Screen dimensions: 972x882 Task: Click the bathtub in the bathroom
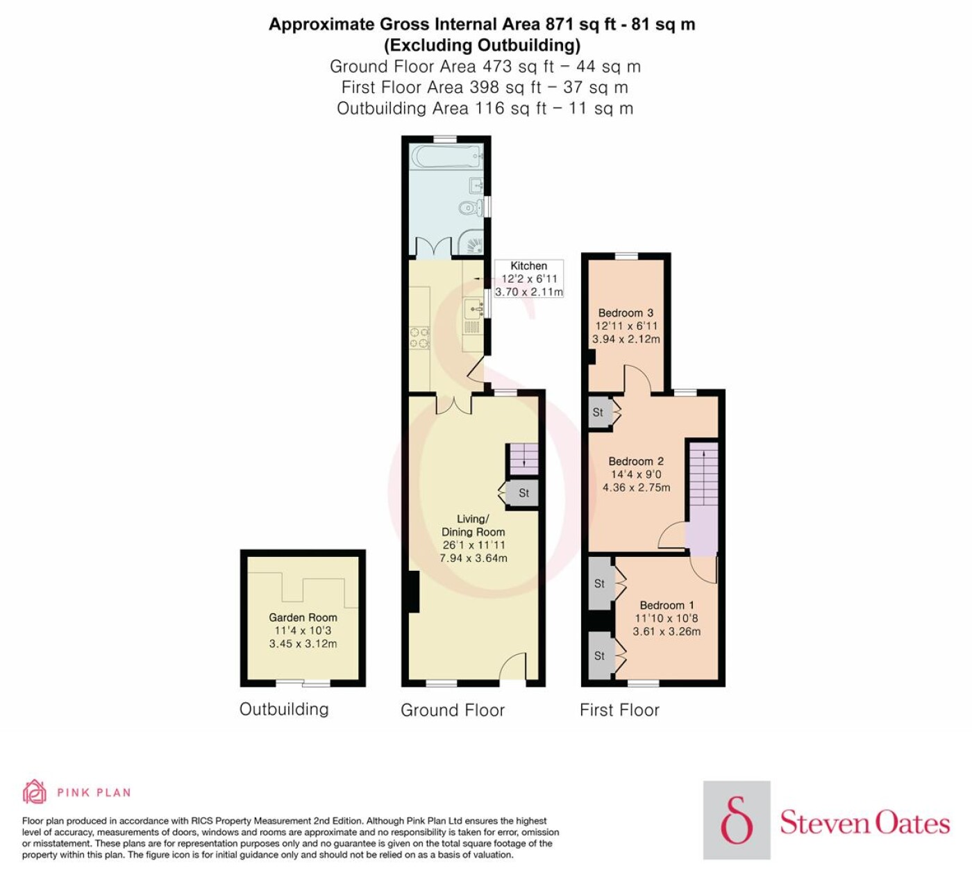coord(446,156)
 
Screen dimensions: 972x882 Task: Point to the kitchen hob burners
coord(419,338)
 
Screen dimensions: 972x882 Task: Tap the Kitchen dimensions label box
coord(528,278)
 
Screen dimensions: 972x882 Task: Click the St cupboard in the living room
coord(522,494)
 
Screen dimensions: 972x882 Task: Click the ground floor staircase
coord(522,459)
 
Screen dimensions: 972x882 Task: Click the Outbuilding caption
coord(284,709)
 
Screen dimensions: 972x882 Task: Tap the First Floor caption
coord(619,710)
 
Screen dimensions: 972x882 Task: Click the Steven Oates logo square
coord(737,820)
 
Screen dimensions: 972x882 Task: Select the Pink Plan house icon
coord(35,792)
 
